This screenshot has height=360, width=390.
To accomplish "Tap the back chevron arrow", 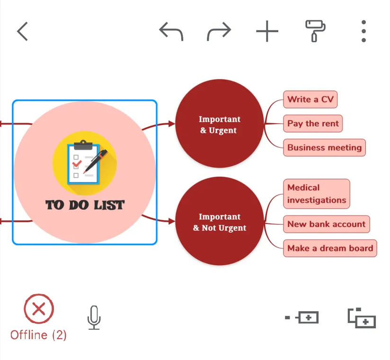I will (x=22, y=31).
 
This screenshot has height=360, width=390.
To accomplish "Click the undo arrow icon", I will (x=171, y=31).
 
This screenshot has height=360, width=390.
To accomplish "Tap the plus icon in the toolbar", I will (x=267, y=31).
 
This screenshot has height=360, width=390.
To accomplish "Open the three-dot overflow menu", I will (x=363, y=31).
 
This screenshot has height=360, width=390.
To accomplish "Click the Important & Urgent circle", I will (x=219, y=124).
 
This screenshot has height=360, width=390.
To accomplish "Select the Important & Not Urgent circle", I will (x=219, y=222).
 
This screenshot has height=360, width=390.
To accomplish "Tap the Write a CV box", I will (x=310, y=99).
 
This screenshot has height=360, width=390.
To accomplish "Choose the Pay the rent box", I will (x=313, y=124).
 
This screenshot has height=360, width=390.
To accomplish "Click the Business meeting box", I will (x=324, y=147).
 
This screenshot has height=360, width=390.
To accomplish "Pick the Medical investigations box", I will (x=317, y=194).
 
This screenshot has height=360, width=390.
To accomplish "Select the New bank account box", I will (x=326, y=224).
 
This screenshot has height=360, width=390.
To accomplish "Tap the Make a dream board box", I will (x=330, y=248).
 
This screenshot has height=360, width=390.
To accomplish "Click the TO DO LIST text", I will (x=85, y=205).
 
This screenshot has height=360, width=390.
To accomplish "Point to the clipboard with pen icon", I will (x=85, y=162).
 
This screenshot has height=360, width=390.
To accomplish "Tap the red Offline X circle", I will (x=39, y=309).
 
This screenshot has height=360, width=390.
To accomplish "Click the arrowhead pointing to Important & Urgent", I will (x=171, y=124).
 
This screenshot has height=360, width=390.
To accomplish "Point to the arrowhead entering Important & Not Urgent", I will (x=171, y=221).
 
